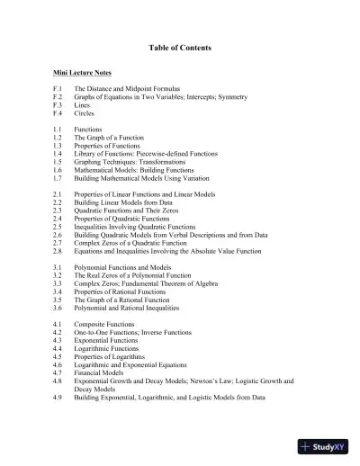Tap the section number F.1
pyautogui.click(x=58, y=91)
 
